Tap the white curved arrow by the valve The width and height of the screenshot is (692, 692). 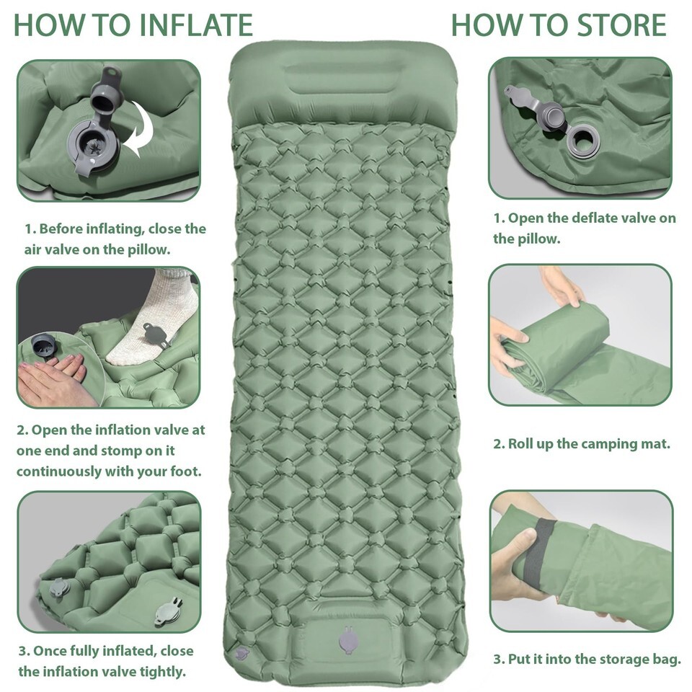coord(141,129)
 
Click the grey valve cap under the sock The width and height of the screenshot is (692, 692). coord(156,334)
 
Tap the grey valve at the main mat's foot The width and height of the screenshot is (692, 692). coord(347,640)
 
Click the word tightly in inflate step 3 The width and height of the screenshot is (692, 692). coord(163,671)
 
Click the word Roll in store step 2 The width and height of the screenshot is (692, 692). coord(518,443)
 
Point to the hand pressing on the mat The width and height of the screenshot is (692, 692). coord(53,380)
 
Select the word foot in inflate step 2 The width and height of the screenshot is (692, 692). coord(186,471)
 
